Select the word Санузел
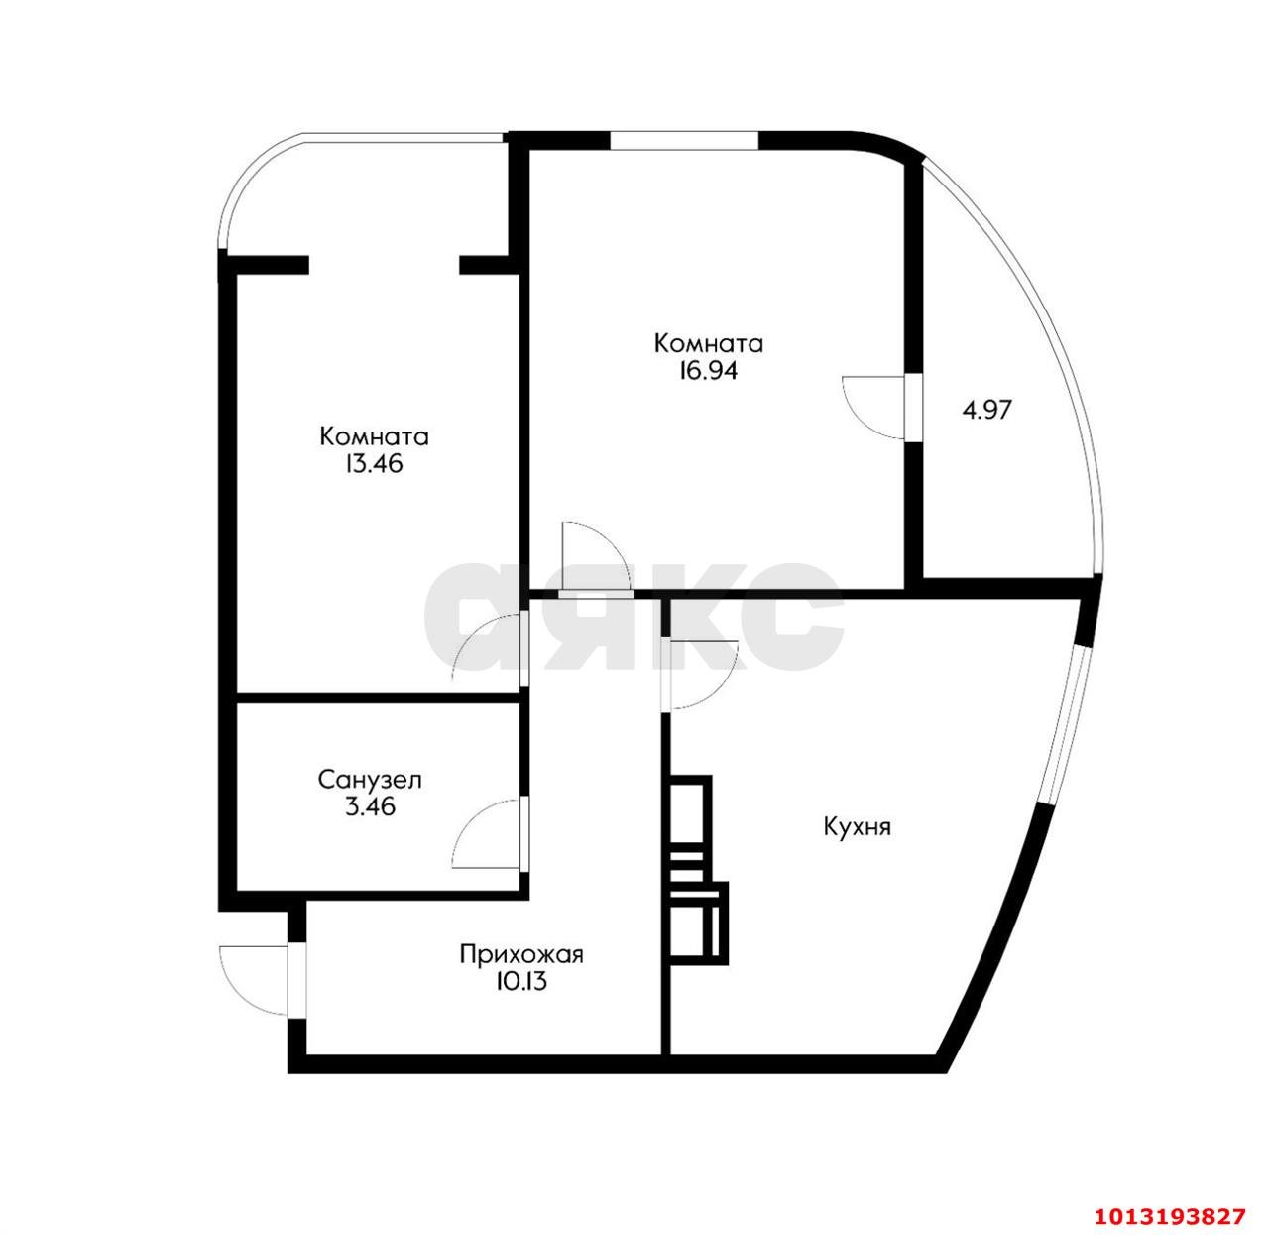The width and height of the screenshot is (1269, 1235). tap(370, 780)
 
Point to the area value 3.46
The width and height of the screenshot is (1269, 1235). tap(370, 806)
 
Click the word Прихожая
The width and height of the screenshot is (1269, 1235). tap(520, 955)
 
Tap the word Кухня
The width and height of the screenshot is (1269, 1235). tap(857, 826)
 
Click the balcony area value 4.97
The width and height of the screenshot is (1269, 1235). tap(986, 409)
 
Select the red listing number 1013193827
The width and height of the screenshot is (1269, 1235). tap(1166, 1215)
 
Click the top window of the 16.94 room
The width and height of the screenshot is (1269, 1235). tap(684, 140)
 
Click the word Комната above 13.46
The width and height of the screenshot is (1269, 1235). tap(374, 436)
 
